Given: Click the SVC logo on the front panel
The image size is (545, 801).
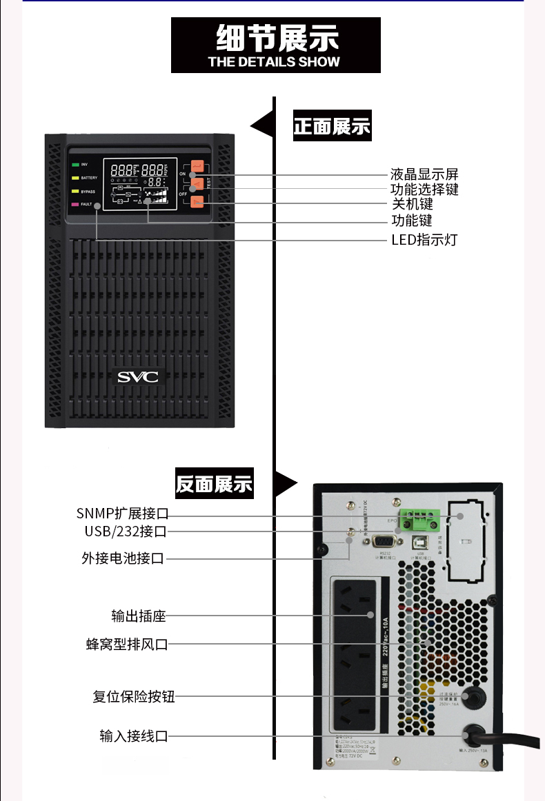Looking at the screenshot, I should pos(137,377).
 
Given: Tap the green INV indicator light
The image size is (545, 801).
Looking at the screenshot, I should pos(75,165).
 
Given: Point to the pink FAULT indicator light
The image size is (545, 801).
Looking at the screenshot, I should pos(75,205).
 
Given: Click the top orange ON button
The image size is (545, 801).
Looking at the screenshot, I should pos(197,166).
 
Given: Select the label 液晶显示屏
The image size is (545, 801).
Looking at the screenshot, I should pos(424,174).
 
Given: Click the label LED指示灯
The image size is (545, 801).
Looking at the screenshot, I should pos(424,240).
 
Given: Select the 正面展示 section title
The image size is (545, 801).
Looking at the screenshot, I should pos(332,127).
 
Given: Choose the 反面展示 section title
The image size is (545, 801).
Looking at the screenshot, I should pos(214,485).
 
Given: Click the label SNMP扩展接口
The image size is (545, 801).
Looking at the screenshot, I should pos(122,514).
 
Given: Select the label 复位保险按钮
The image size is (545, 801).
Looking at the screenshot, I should pos(134,696).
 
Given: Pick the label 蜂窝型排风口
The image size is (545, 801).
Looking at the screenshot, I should pos(127,645).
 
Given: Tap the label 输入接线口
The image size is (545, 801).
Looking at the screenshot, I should pos(134,736).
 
